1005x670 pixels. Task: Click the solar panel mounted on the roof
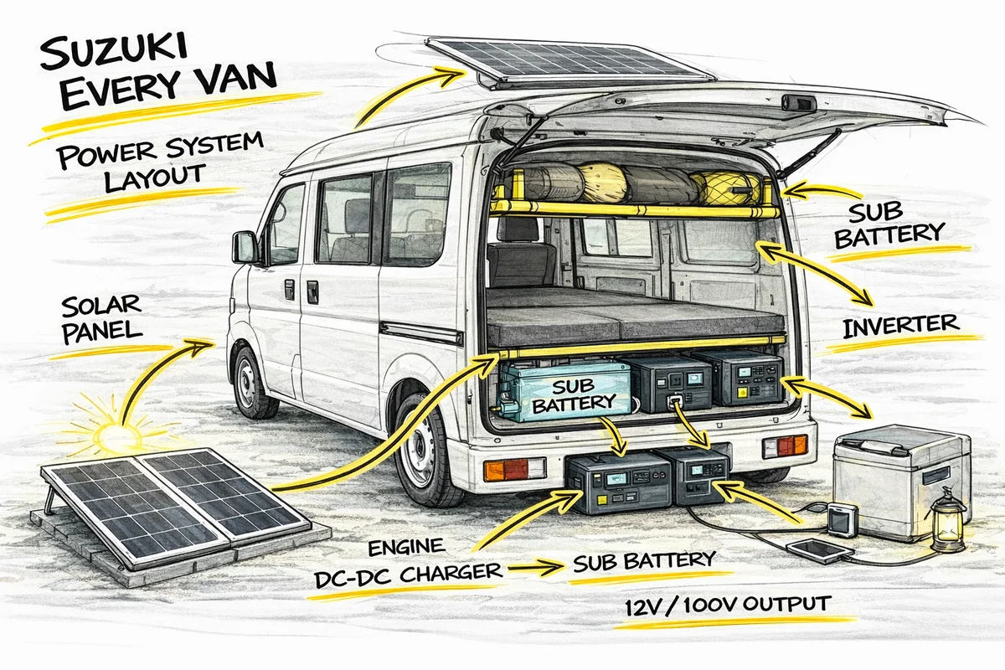click(569, 59)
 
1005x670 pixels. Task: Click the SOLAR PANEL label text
click(100, 317)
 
